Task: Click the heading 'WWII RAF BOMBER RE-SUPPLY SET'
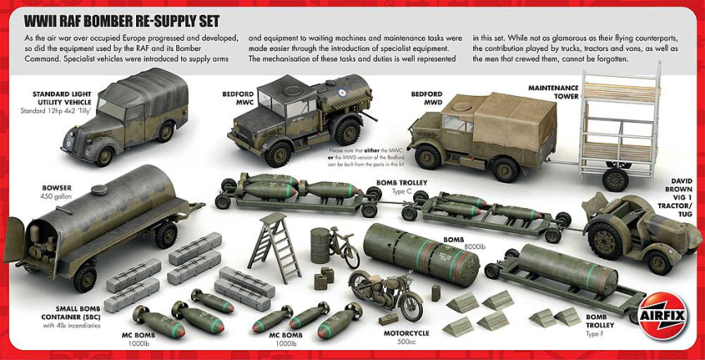[122, 20]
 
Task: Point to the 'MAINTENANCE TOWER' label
[553, 91]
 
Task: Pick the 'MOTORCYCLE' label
[406, 334]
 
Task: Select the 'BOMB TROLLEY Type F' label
[596, 321]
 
